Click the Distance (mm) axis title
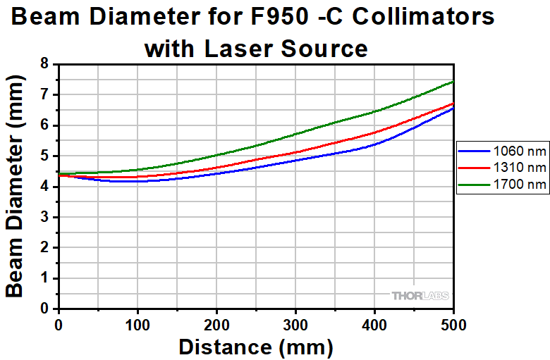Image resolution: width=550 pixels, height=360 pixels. click(x=255, y=347)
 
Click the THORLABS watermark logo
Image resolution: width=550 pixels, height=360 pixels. click(x=420, y=296)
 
